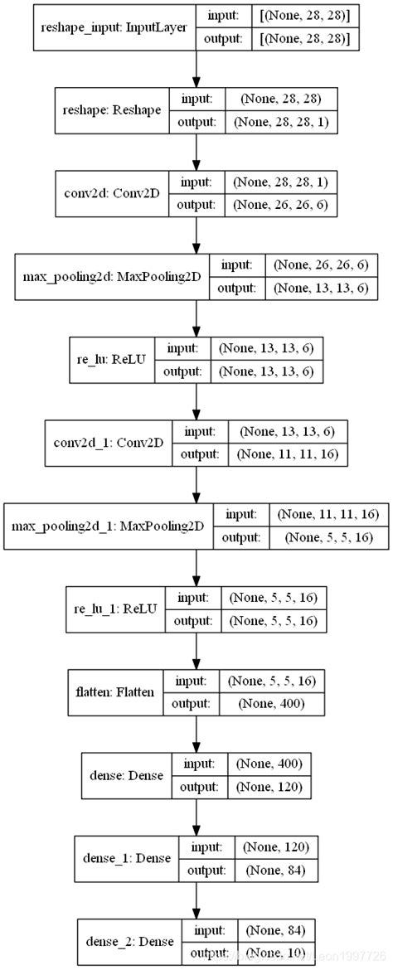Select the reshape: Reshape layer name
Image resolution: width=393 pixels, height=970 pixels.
point(111,109)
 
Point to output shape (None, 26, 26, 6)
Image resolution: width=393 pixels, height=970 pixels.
point(284,202)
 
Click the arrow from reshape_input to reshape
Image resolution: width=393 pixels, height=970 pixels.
point(196,69)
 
